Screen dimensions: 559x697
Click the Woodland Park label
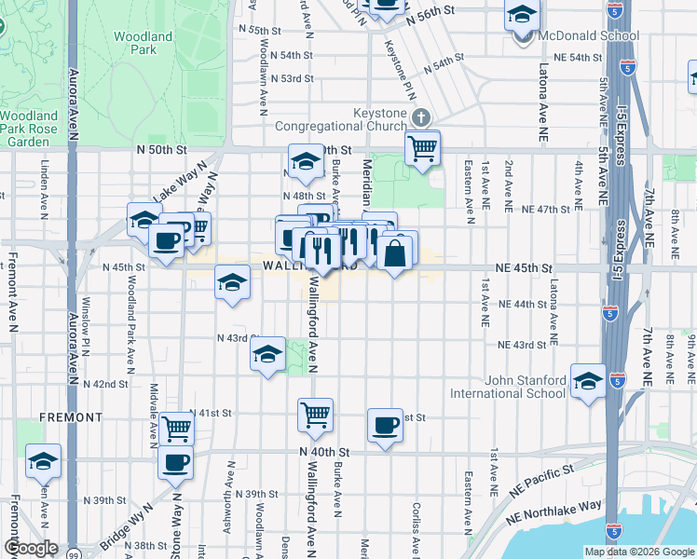click(143, 43)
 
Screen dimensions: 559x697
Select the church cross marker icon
click(420, 117)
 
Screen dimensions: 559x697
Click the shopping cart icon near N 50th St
click(423, 148)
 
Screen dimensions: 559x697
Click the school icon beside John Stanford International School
click(589, 381)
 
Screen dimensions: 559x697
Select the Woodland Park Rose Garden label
click(29, 129)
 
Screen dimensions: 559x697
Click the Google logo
click(31, 548)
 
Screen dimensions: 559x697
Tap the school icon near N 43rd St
click(267, 355)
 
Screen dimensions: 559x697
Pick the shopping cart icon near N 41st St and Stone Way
click(175, 429)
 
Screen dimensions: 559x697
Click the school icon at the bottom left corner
click(43, 461)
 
